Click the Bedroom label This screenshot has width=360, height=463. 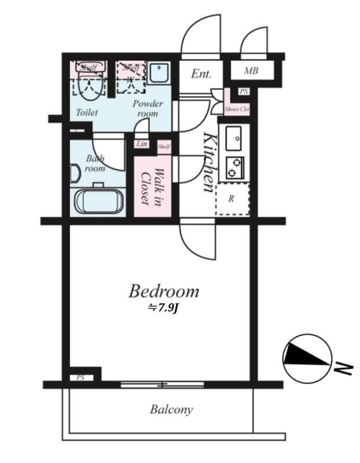(x=164, y=291)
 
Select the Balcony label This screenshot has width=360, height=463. (x=171, y=410)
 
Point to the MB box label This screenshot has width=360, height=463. (x=251, y=71)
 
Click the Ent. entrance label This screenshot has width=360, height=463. (x=201, y=74)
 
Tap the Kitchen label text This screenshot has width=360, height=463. (x=209, y=163)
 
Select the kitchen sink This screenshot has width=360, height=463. (x=234, y=138)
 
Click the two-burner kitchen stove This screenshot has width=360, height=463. (x=234, y=168)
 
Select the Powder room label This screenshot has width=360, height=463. (x=148, y=108)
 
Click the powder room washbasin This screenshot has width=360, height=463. (x=158, y=73)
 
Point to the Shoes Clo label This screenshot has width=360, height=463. (x=237, y=109)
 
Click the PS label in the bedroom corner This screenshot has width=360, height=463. (x=80, y=377)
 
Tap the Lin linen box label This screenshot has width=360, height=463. (x=142, y=144)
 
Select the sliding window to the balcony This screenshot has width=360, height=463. (x=162, y=384)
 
